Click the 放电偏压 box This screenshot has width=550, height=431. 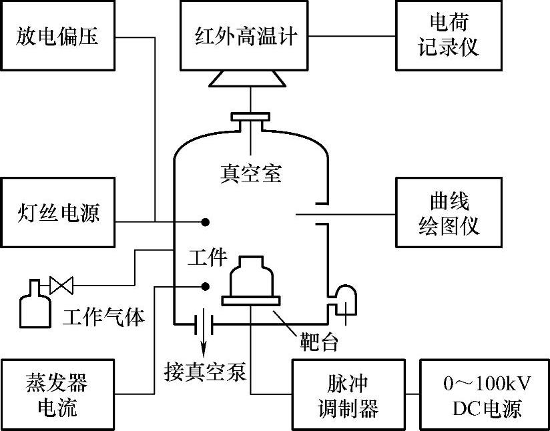pyautogui.click(x=57, y=35)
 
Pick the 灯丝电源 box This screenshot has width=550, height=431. pyautogui.click(x=57, y=213)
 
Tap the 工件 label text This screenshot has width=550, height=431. pyautogui.click(x=208, y=257)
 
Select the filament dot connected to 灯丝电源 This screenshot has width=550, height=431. pyautogui.click(x=206, y=222)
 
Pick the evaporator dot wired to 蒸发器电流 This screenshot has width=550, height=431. pyautogui.click(x=206, y=287)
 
